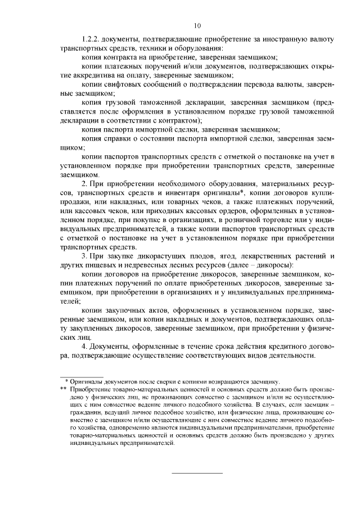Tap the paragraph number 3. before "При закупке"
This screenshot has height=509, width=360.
(84, 256)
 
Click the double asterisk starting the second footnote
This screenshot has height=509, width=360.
(63, 389)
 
